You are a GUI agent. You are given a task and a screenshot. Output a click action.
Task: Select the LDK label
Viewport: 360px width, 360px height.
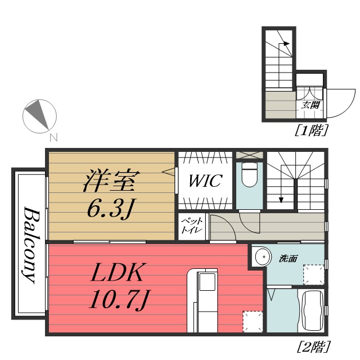point(119,273)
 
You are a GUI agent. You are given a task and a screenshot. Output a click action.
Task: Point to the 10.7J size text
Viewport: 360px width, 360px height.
point(118,300)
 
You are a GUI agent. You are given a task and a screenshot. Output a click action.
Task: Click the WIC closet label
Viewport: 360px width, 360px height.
point(205,182)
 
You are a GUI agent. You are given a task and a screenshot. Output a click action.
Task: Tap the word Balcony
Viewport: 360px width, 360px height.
point(30,246)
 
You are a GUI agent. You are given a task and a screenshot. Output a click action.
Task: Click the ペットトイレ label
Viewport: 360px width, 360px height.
point(186,227)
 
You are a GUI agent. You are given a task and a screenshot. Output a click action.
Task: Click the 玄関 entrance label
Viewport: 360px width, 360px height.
point(310,105)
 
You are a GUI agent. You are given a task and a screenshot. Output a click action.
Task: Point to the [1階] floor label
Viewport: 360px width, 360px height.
point(311,131)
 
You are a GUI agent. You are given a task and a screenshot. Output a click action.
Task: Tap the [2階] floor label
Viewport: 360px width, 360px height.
point(313,345)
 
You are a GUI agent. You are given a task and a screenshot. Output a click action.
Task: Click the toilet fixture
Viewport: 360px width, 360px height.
point(248,175)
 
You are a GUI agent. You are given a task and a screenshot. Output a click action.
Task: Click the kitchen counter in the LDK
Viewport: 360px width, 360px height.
point(202,301)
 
